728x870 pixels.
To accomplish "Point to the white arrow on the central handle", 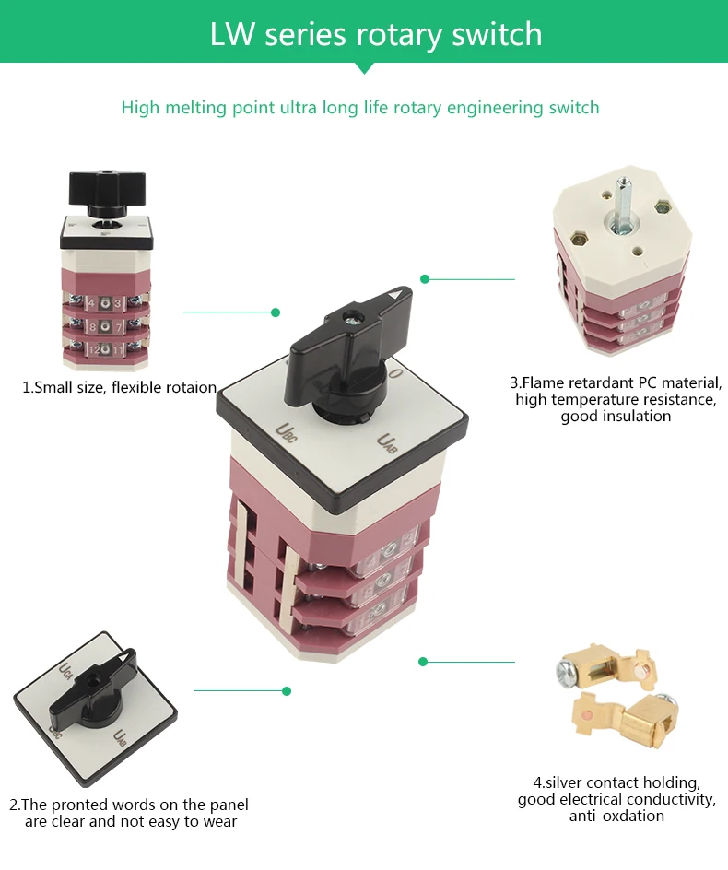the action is pos(397,295).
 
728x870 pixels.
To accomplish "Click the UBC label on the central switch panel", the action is pos(288,430).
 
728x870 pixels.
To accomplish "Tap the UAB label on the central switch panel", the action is pos(387,444).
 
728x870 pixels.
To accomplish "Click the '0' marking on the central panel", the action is pos(394,373).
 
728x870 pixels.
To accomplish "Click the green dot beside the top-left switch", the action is pos(275,312).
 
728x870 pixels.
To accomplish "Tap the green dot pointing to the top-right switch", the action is pos(425,278).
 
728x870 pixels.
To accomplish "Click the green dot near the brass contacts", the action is pos(423,662).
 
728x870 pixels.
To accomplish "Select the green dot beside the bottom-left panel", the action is pos(287,690).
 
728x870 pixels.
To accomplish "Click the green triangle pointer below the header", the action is pos(365,67).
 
